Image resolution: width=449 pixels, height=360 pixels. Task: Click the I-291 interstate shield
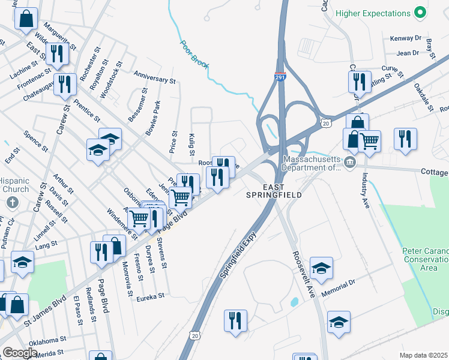pyautogui.click(x=280, y=77)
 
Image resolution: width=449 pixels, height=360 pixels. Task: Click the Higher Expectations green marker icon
pyautogui.click(x=421, y=12)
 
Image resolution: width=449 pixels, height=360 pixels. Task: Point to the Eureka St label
pyautogui.click(x=150, y=296)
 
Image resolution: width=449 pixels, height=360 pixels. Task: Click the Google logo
pyautogui.click(x=20, y=353)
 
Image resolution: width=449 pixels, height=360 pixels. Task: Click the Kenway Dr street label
pyautogui.click(x=402, y=38)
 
